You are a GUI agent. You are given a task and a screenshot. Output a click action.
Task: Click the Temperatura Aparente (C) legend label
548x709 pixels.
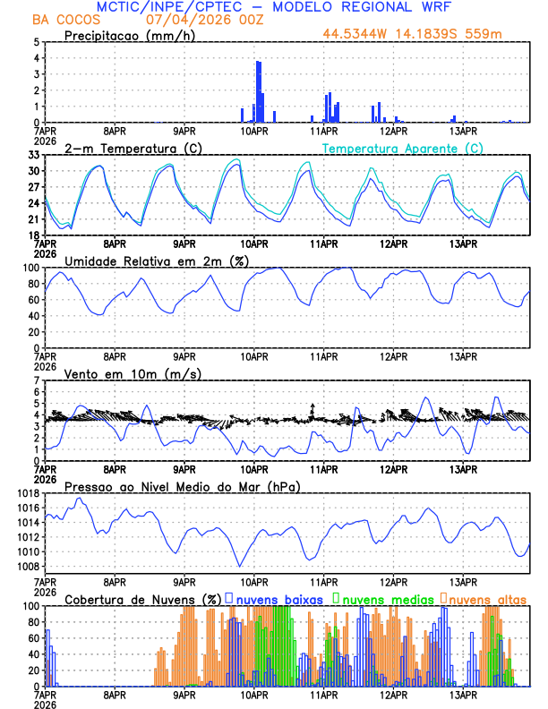tap(403, 148)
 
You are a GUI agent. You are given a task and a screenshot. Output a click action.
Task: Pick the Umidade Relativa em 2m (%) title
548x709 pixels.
tap(155, 261)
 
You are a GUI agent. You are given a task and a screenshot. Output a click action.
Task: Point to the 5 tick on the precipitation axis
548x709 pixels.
tap(36, 42)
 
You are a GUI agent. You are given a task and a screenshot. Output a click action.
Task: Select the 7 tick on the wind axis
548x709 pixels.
tap(36, 380)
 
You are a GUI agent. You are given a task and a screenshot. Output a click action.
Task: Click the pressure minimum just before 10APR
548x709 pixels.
tap(239, 566)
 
